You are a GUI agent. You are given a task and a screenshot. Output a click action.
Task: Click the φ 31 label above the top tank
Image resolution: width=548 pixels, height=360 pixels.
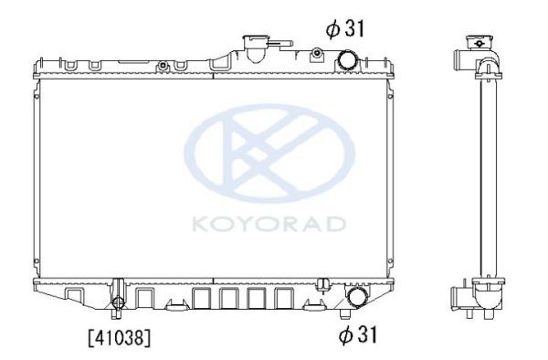coord(345,28)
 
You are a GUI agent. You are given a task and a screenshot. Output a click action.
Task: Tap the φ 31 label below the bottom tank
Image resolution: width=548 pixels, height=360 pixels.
coord(358,334)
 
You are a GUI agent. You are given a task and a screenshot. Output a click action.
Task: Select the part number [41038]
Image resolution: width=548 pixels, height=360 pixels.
coord(120,338)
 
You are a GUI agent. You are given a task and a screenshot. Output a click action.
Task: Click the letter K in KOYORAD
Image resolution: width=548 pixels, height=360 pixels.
coord(200,225)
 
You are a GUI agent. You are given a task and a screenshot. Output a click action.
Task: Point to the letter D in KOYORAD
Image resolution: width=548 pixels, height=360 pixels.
coord(336,225)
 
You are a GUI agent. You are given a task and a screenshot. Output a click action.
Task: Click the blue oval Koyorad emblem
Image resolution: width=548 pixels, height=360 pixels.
coord(269,154)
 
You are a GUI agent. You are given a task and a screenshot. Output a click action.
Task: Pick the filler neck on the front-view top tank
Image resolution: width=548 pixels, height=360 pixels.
coord(256,48)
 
